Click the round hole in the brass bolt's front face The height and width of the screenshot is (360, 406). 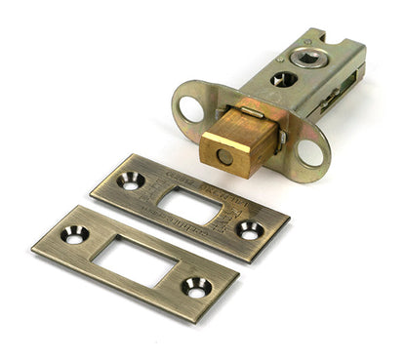pos(224,155)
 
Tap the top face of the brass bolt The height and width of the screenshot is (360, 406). pos(237,125)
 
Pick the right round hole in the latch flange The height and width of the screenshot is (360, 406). pos(311,152)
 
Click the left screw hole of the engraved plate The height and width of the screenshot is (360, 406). pos(131,180)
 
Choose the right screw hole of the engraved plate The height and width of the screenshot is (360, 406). pos(250,230)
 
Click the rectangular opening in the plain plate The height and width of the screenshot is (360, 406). pos(136,260)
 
